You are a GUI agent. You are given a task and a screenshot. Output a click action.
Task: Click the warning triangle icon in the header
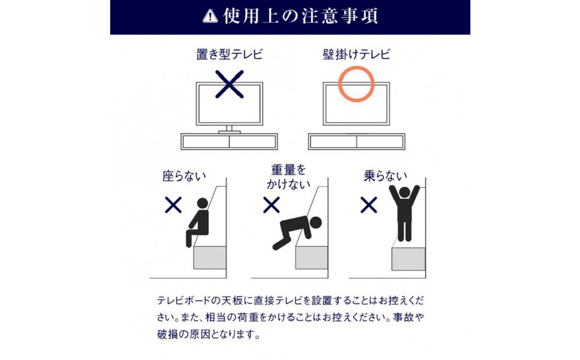point(210,17)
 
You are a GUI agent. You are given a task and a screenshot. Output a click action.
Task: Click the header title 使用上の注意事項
point(300,16)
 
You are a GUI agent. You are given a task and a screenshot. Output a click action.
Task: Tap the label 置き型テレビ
point(229,54)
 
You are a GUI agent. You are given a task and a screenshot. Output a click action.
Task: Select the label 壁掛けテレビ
point(356,54)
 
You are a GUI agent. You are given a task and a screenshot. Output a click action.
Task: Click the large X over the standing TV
point(229,84)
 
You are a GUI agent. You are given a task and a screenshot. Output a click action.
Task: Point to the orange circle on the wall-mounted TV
point(339,84)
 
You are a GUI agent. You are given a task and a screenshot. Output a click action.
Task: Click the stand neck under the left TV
point(229,128)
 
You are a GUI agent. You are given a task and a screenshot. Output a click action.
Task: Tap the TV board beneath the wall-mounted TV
point(357,141)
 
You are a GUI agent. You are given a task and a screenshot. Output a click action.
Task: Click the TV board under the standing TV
point(229,141)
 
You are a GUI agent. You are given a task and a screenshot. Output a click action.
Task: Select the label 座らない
point(184,176)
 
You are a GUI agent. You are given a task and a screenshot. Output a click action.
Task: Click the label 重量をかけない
point(288,177)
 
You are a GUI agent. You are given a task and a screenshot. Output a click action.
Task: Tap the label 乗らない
point(385,176)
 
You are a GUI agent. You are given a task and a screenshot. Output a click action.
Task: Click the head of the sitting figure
point(202,203)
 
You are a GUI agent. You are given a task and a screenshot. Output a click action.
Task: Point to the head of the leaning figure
point(316,222)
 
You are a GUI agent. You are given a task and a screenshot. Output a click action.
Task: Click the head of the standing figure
point(405,192)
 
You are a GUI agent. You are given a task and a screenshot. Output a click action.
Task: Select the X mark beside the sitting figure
point(173,205)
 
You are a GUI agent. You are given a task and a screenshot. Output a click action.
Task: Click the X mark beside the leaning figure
point(271,205)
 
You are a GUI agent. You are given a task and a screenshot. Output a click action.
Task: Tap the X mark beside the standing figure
point(369,205)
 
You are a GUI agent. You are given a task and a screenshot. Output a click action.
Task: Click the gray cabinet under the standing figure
point(408,259)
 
